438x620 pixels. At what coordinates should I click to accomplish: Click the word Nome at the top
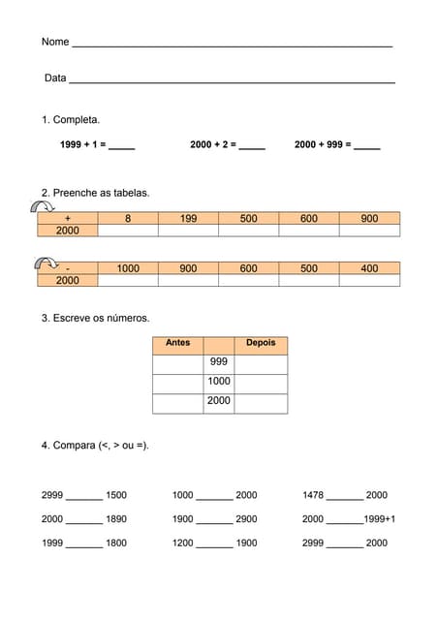[55, 43]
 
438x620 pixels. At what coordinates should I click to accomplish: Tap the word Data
[55, 77]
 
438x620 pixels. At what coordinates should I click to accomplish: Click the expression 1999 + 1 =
[82, 144]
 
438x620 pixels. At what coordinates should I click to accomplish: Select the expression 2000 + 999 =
[323, 144]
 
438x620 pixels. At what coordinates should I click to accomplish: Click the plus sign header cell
[68, 219]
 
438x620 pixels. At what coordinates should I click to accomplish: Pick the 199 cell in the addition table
[188, 219]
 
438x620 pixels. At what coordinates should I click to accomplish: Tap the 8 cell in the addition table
[128, 219]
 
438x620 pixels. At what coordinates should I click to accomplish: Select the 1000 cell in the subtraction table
[128, 268]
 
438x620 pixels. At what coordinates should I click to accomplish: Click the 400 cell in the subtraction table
[369, 268]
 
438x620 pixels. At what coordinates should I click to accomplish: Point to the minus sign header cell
[68, 268]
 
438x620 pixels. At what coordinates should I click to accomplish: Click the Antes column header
[178, 343]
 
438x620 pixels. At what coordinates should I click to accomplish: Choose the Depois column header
[261, 343]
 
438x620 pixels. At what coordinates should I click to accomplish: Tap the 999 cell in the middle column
[219, 362]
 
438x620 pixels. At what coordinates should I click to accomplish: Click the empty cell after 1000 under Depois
[261, 382]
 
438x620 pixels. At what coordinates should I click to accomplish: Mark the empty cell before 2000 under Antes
[178, 401]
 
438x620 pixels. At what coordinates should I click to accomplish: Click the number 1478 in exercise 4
[314, 495]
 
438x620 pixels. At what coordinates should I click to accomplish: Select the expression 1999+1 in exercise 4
[380, 519]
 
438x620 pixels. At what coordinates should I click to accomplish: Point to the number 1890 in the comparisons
[116, 519]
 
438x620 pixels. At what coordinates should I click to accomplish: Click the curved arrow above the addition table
[41, 205]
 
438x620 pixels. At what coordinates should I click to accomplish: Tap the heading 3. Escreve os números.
[95, 318]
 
